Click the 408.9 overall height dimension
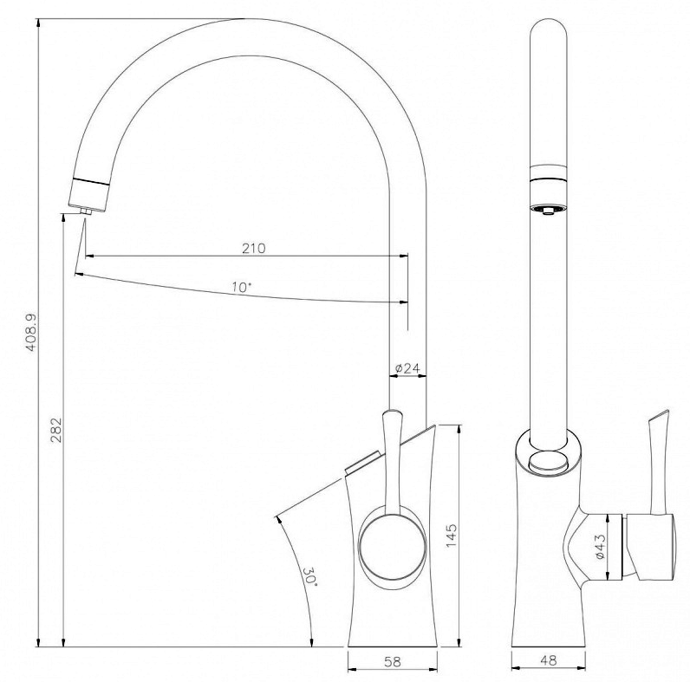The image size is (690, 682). tap(31, 333)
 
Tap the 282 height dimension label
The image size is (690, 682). tap(57, 430)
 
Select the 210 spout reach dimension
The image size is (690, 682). tap(254, 248)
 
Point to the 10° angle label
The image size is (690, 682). tap(242, 288)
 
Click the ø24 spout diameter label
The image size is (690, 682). tap(407, 367)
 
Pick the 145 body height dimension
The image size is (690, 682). tap(452, 536)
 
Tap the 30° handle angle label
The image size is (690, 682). tap(309, 575)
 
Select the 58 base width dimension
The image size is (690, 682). tap(393, 661)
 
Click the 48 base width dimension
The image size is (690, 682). tap(548, 660)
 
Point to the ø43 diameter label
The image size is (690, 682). tap(600, 547)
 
